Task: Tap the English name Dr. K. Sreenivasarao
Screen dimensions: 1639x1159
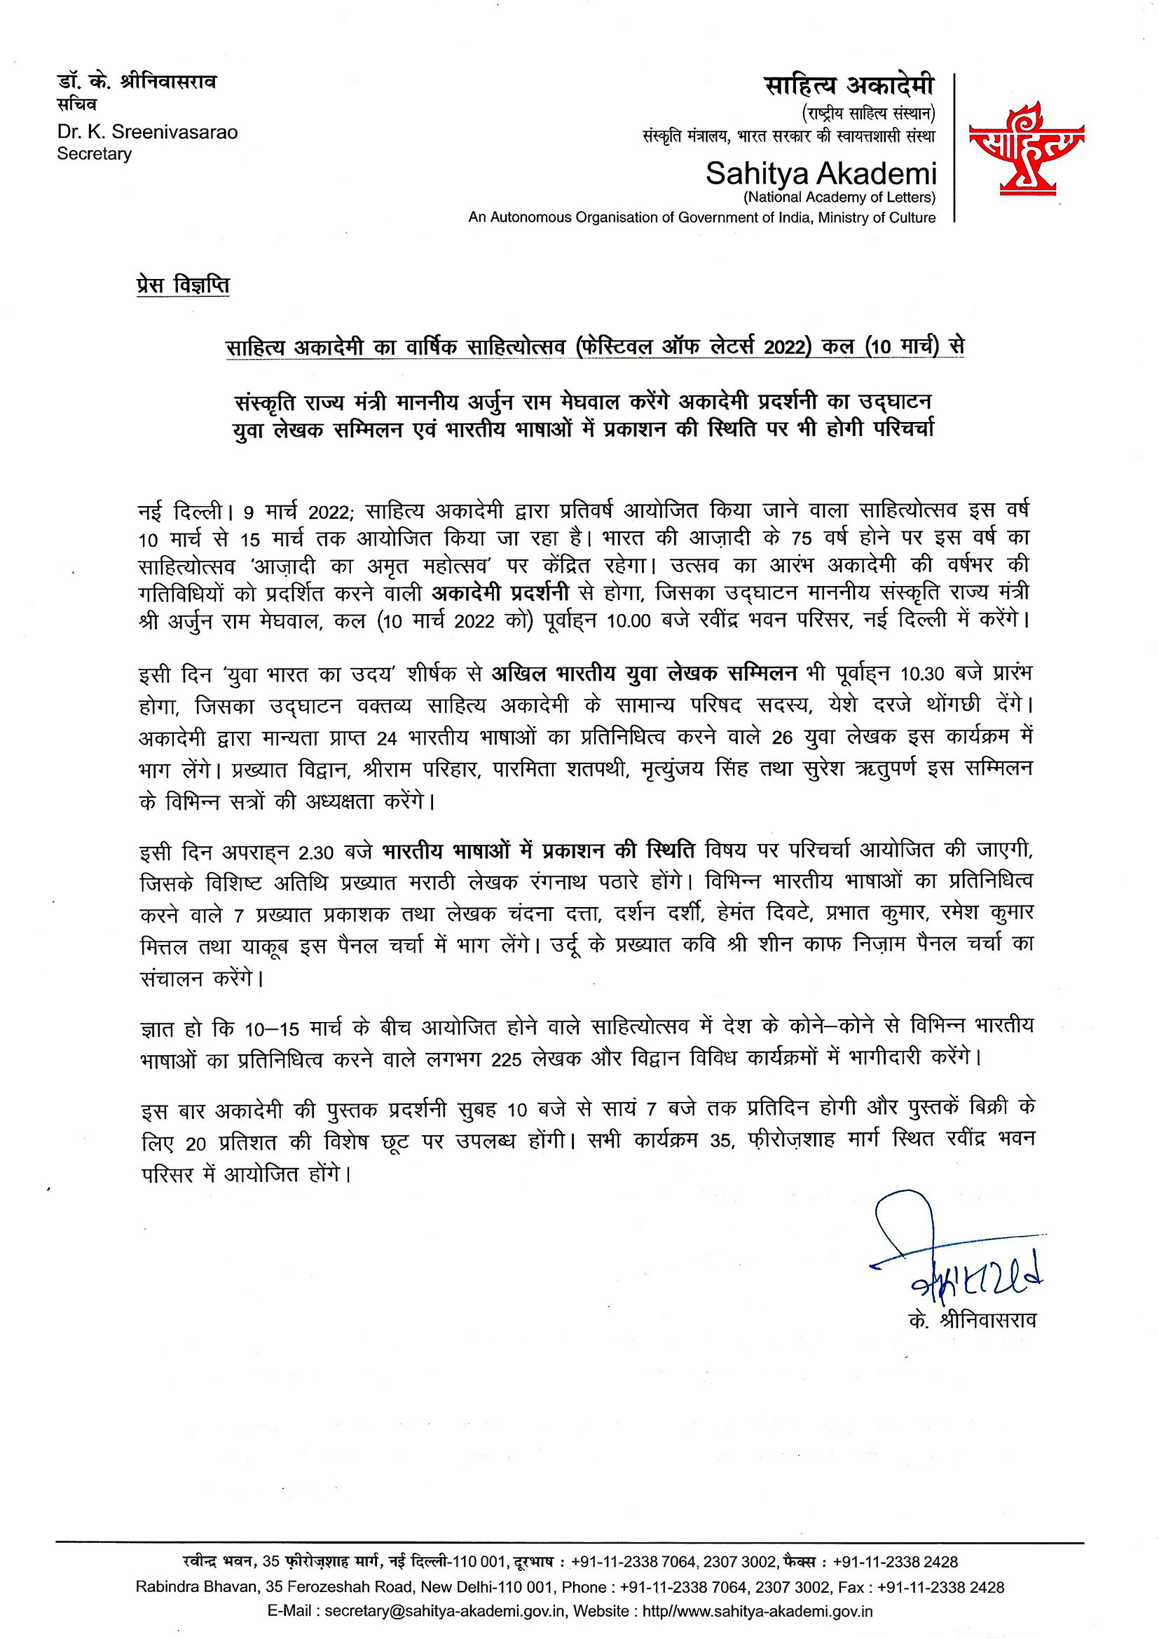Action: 147,132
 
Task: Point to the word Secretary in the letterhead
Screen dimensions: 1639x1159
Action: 94,154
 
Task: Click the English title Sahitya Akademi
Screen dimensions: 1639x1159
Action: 820,173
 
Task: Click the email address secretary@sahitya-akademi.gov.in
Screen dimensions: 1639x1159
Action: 446,1610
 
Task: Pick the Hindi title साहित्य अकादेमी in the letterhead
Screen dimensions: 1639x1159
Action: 849,86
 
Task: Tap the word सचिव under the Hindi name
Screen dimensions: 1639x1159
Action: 76,106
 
